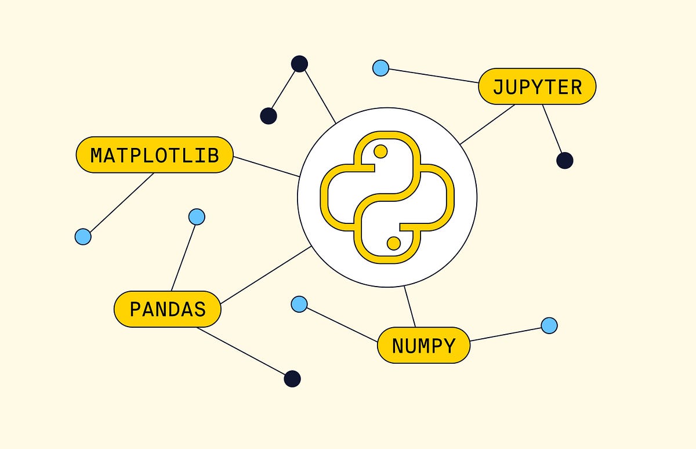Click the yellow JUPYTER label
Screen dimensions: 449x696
pos(537,86)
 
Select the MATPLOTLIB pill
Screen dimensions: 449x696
pos(154,155)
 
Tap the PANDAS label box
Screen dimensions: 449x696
pos(167,309)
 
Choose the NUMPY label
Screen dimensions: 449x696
pos(423,345)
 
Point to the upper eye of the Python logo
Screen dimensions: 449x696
pos(380,152)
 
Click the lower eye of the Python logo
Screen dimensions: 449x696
pos(393,243)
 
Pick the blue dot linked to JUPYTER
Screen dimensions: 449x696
pos(380,68)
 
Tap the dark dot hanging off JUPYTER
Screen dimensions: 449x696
pos(564,161)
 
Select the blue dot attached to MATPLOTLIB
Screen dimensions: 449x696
pos(83,236)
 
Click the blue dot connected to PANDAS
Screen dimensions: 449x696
pos(197,217)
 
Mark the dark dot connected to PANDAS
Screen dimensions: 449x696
pos(292,379)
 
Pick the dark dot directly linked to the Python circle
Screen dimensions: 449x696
pos(299,64)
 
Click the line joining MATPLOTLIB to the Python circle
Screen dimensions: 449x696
pos(266,166)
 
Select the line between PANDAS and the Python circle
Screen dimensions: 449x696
pos(266,275)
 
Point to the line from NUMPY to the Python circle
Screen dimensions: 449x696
pos(409,307)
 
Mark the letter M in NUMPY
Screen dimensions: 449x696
pos(429,346)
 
